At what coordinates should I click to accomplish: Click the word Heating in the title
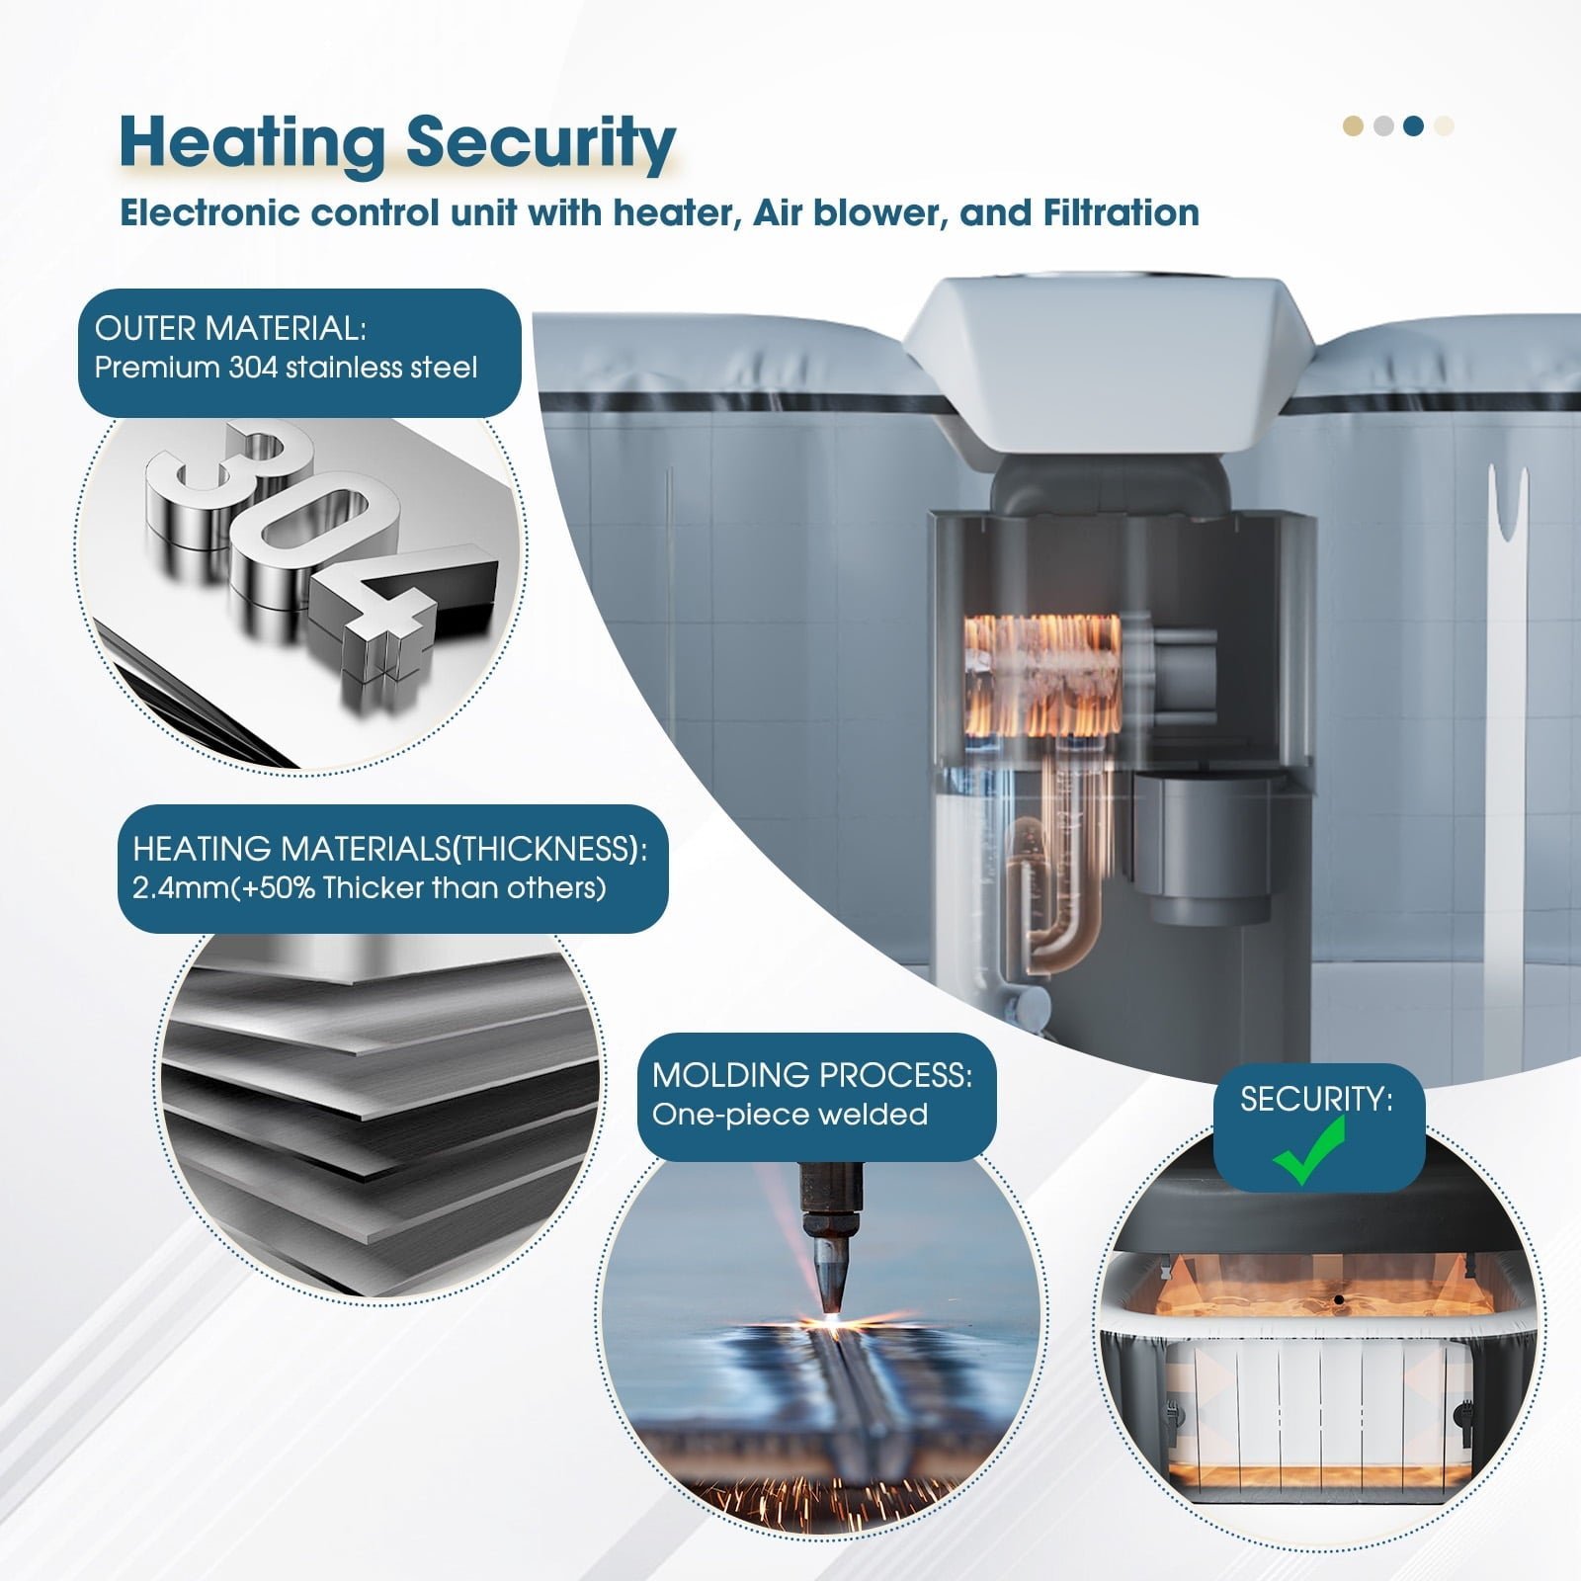pyautogui.click(x=251, y=143)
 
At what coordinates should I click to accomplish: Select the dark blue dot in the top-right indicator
pyautogui.click(x=1414, y=125)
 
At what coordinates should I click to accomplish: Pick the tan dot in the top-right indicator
pyautogui.click(x=1354, y=125)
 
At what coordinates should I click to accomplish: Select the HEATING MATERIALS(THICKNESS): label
pyautogui.click(x=390, y=848)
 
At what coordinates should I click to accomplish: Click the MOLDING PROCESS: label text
pyautogui.click(x=812, y=1074)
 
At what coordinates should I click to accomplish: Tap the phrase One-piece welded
pyautogui.click(x=790, y=1114)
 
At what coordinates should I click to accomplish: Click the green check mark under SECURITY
pyautogui.click(x=1310, y=1151)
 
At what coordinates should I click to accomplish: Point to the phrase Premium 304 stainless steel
pyautogui.click(x=286, y=368)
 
